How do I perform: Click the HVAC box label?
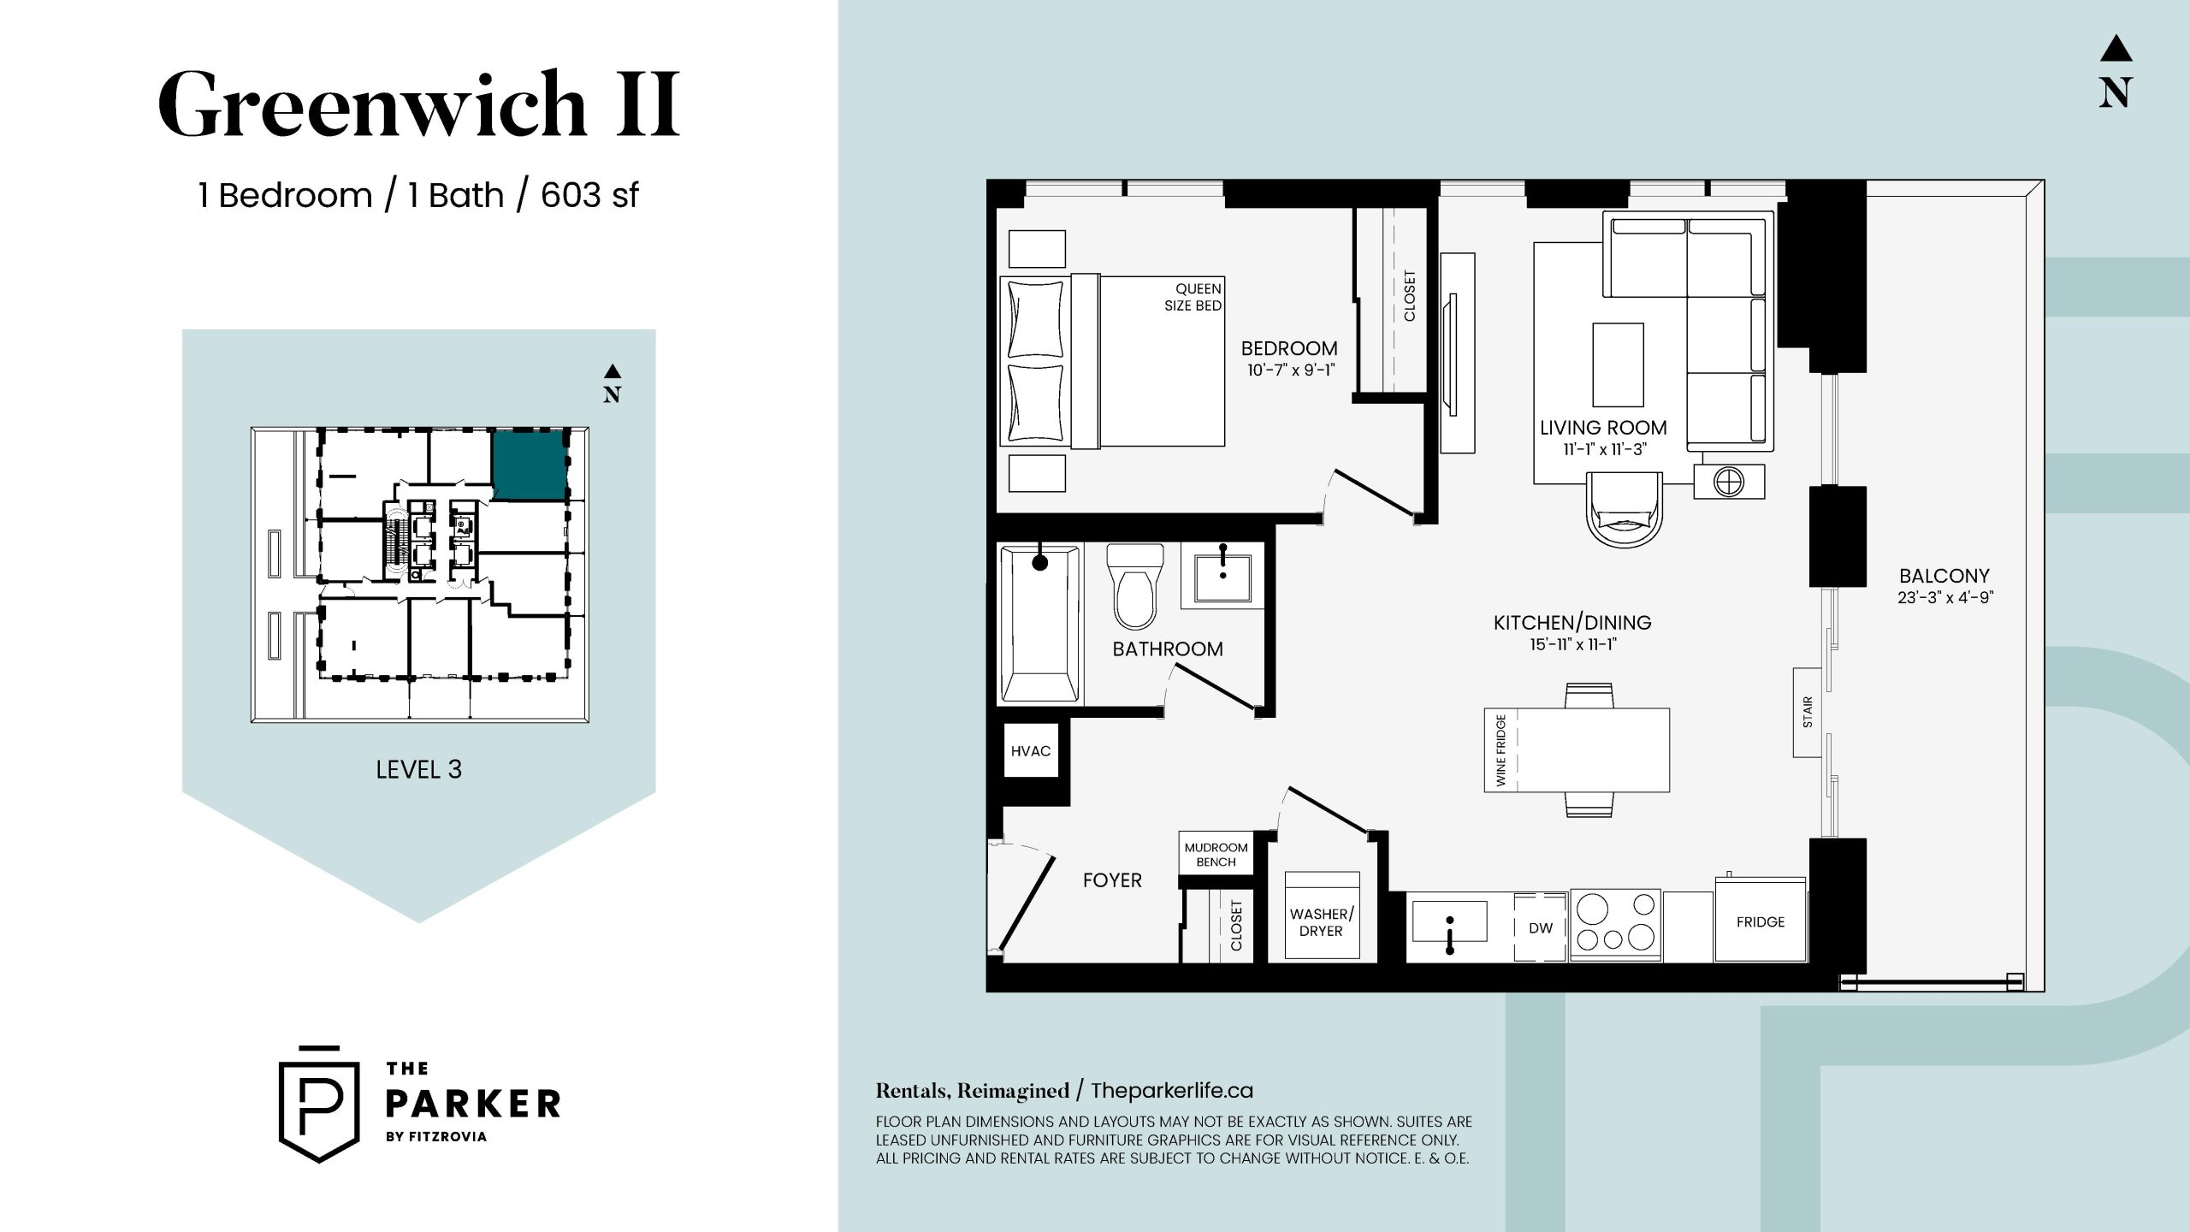(x=1030, y=751)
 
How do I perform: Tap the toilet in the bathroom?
(x=1135, y=587)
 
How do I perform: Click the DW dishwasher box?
(x=1540, y=928)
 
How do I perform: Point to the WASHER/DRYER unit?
(x=1322, y=915)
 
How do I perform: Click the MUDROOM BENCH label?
(x=1216, y=854)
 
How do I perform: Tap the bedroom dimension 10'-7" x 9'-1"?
(x=1291, y=370)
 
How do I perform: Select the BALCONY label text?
(x=1944, y=576)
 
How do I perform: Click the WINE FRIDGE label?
(x=1500, y=750)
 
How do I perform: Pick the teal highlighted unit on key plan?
(x=530, y=465)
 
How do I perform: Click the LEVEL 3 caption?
(x=418, y=769)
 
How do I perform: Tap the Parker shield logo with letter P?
(x=319, y=1105)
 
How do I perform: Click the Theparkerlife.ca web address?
(x=1171, y=1091)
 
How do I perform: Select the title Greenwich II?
(x=419, y=104)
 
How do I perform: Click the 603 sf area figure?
(x=589, y=195)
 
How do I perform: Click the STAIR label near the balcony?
(x=1808, y=712)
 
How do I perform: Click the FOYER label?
(x=1112, y=880)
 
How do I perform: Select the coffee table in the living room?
(x=1618, y=364)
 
